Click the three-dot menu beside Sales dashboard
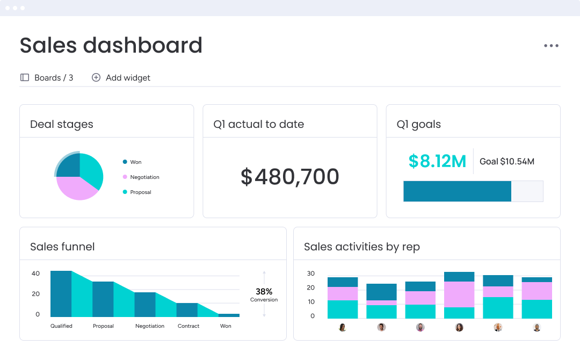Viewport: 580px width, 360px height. coord(551,46)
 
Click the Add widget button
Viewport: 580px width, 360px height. coord(121,77)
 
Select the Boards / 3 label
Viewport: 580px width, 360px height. coord(47,77)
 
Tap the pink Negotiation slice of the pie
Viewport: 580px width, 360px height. coord(75,188)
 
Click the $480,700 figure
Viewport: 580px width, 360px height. coord(289,177)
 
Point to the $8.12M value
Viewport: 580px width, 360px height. coord(437,161)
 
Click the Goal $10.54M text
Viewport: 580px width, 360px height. coord(506,161)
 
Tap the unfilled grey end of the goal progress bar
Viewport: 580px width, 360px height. coord(527,191)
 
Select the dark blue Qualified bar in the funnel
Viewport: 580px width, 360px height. coord(61,293)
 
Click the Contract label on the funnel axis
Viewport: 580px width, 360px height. coord(189,326)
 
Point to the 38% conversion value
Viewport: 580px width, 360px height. coord(264,292)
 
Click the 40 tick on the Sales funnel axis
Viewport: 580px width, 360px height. coord(35,273)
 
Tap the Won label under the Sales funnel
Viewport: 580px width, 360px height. coord(226,326)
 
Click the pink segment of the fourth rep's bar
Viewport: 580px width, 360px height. coord(459,294)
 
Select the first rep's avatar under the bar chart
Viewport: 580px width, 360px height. coord(343,327)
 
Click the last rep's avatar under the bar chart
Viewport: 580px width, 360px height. coord(536,327)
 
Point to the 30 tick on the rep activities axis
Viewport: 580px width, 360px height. coord(310,273)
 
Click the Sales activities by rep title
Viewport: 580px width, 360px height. coord(361,247)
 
